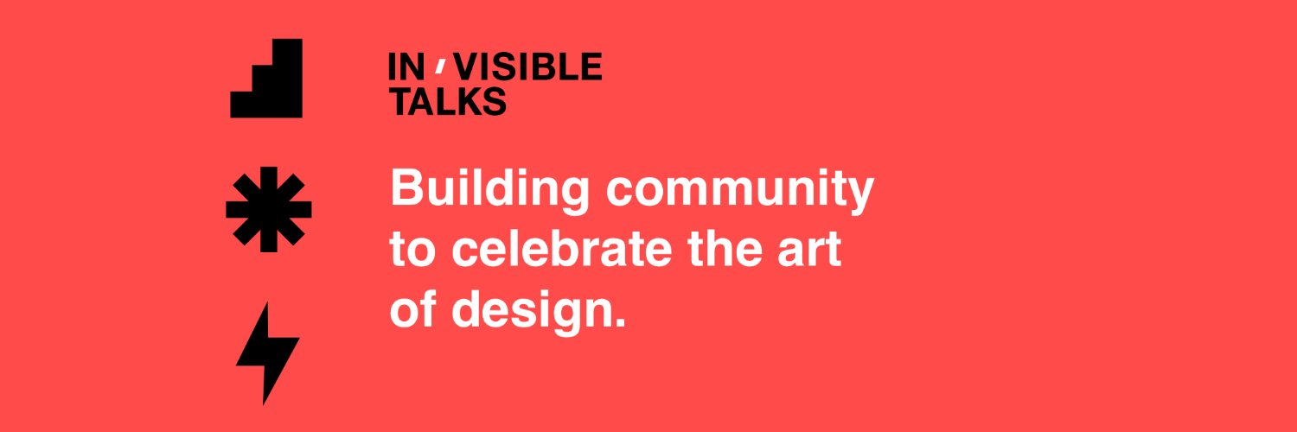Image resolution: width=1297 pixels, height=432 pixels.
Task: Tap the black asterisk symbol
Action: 269,209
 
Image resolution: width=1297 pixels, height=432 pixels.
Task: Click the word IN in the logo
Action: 404,67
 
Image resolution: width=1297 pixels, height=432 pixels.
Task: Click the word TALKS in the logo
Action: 448,101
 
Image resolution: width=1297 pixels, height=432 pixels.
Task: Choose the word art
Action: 814,251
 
